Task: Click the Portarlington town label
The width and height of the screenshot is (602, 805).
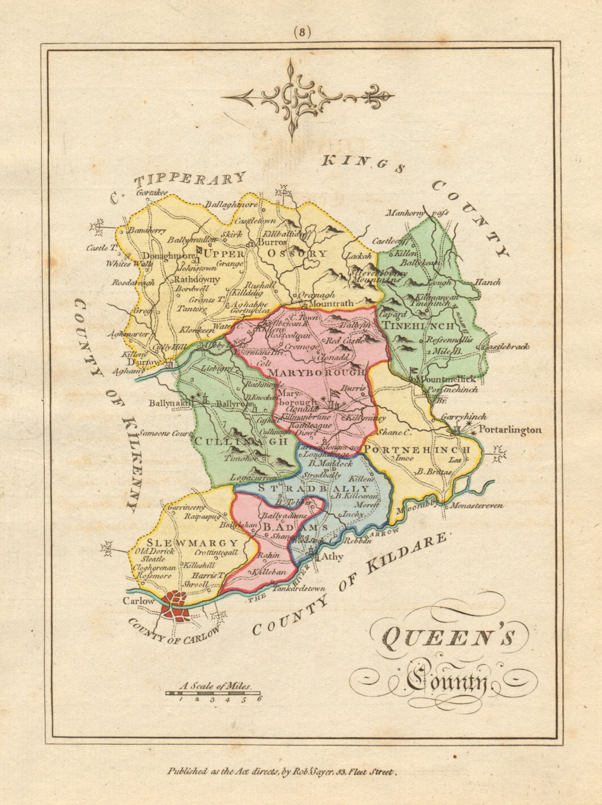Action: tap(509, 430)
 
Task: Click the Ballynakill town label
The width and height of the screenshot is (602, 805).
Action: tap(171, 403)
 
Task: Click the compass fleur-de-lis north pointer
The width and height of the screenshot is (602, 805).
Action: tap(382, 96)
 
